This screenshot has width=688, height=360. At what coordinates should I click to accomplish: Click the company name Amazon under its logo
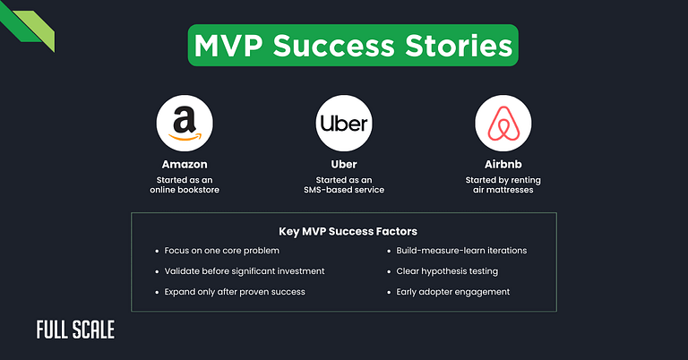185,165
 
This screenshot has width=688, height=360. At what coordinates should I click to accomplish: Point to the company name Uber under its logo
344,165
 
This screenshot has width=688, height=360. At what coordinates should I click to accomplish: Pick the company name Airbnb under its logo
503,165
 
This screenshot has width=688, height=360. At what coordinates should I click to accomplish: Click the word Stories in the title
449,46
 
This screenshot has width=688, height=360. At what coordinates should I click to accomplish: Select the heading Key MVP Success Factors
344,231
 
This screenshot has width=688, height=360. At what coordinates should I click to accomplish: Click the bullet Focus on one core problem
214,251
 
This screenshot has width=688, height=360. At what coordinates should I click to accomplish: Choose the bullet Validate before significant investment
238,271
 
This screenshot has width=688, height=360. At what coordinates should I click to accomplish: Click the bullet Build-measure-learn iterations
461,251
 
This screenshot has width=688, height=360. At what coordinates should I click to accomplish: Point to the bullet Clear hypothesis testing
446,271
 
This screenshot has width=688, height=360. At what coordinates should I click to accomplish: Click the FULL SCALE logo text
75,330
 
